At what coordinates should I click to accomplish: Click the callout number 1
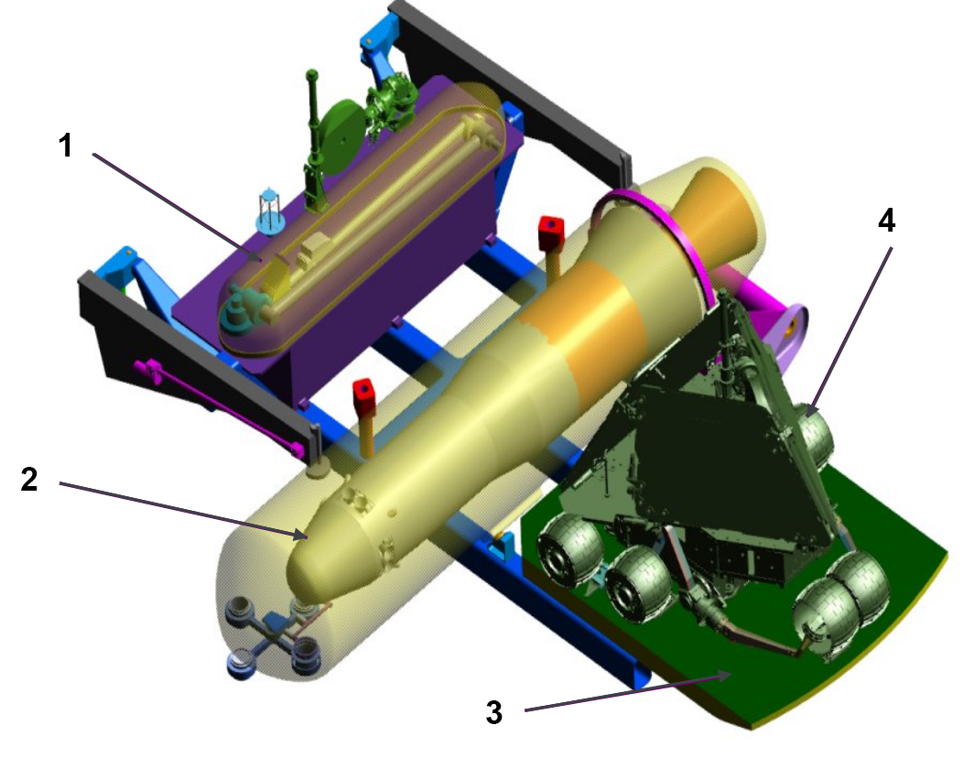66,146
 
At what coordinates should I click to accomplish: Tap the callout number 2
29,479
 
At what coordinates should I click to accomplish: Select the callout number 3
493,712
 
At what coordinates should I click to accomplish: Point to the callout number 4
886,220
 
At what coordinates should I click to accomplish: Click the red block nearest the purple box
551,233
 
